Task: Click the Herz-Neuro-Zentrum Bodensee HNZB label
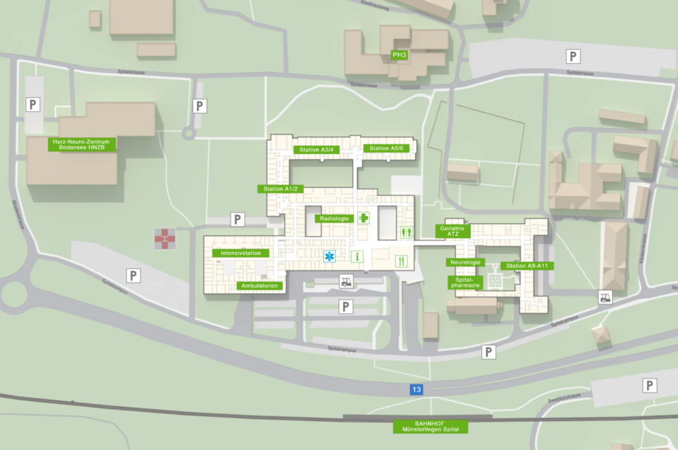81,144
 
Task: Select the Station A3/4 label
317,150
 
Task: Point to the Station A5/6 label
387,149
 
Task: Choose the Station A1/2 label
280,189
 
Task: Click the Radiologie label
334,219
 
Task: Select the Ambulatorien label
260,286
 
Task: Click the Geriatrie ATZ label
452,231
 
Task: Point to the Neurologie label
465,262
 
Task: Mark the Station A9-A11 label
527,266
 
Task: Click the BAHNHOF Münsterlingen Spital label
430,427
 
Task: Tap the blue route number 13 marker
416,389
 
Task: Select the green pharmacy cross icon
364,218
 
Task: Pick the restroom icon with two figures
407,231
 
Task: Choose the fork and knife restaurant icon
401,261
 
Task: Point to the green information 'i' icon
357,257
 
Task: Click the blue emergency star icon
330,257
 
